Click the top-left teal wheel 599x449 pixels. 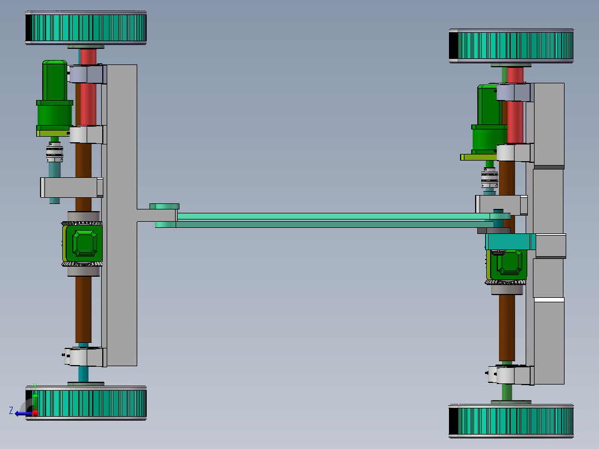click(x=86, y=28)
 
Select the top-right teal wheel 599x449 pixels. click(x=511, y=46)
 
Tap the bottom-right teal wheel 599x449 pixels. click(x=511, y=421)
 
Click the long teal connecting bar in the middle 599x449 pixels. click(x=333, y=216)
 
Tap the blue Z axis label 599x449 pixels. click(x=11, y=411)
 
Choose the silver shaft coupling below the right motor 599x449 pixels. click(x=489, y=177)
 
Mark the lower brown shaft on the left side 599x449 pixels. click(x=83, y=308)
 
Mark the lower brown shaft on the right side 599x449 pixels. click(x=507, y=328)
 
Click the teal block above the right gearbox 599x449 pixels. click(x=510, y=242)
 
